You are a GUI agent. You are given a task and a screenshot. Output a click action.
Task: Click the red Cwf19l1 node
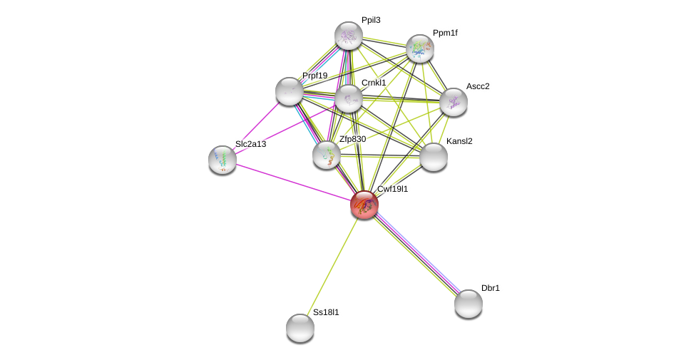(x=364, y=205)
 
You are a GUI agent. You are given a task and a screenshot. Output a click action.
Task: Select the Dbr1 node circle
(x=469, y=304)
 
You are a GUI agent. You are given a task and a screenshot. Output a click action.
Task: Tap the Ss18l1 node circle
(x=300, y=328)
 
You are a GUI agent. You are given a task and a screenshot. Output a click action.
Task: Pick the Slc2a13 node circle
(x=222, y=160)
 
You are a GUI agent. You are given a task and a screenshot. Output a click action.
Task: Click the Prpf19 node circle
(x=290, y=91)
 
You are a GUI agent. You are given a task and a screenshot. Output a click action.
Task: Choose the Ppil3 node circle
(x=349, y=36)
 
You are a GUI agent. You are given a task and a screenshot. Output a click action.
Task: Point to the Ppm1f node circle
(x=420, y=48)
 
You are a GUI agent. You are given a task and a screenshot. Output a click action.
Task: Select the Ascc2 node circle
(x=454, y=102)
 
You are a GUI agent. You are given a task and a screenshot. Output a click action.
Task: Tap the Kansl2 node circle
(x=434, y=157)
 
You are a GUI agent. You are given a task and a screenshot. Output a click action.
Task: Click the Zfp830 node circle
(x=327, y=155)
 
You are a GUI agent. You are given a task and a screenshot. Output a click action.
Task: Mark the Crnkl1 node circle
(x=349, y=98)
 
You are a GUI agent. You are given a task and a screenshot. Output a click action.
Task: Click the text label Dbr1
(x=491, y=288)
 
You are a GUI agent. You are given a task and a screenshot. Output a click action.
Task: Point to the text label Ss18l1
(x=326, y=312)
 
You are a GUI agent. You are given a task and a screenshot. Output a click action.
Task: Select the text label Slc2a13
(x=250, y=144)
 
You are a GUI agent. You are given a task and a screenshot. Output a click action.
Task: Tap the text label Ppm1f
(x=445, y=33)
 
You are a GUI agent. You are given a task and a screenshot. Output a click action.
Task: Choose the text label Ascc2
(x=478, y=86)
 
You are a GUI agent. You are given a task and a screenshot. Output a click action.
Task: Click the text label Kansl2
(x=459, y=141)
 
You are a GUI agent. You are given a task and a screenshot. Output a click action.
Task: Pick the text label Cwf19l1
(x=392, y=189)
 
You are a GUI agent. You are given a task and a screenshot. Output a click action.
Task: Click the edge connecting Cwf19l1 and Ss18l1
(x=332, y=266)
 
